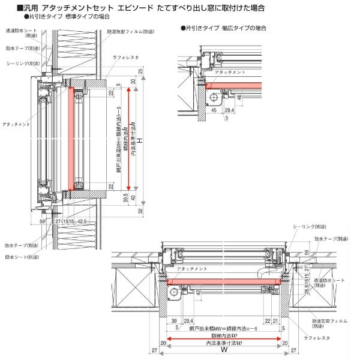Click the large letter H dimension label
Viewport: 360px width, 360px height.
[x=140, y=140]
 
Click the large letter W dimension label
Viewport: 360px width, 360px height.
[x=223, y=349]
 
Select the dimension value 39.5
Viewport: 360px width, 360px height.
[x=125, y=197]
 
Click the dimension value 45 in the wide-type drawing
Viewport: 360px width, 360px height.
[x=215, y=110]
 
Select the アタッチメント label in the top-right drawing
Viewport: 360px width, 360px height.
[x=231, y=71]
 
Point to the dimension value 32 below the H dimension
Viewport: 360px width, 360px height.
[x=140, y=211]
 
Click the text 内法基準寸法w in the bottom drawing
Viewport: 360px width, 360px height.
[x=223, y=344]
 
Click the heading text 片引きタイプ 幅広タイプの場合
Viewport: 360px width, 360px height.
[x=224, y=28]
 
